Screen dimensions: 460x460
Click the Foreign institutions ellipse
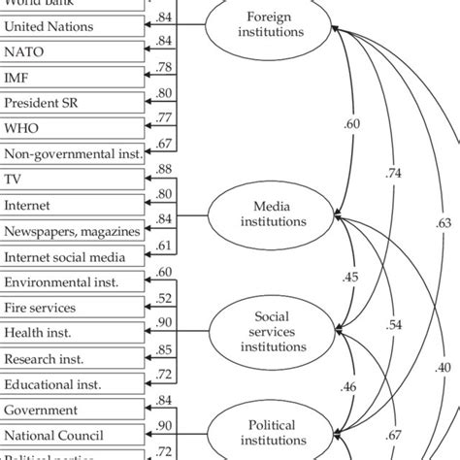pyautogui.click(x=268, y=25)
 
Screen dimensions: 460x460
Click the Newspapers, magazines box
pyautogui.click(x=73, y=231)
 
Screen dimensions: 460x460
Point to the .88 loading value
pyautogui.click(x=164, y=170)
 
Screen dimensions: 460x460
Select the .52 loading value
pyautogui.click(x=164, y=298)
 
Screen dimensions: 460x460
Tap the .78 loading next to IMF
pyautogui.click(x=164, y=67)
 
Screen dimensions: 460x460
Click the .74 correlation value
pyautogui.click(x=394, y=173)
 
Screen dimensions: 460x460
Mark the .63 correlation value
pyautogui.click(x=444, y=223)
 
